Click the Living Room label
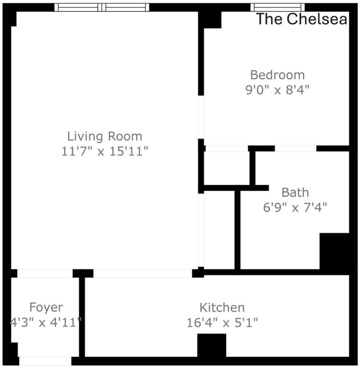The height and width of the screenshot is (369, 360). (105, 137)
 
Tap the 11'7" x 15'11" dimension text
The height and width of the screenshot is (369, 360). (105, 151)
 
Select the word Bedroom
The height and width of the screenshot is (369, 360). (278, 75)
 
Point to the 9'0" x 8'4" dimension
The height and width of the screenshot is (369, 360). (278, 90)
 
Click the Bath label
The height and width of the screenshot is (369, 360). (295, 193)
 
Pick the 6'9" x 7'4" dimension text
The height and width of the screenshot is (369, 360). (295, 207)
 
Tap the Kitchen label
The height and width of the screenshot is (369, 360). (222, 307)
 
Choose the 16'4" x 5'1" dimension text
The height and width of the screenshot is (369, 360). (222, 322)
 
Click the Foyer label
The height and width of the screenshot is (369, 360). (46, 307)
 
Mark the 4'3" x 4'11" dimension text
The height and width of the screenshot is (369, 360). (46, 322)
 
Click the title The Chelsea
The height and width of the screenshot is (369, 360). (301, 19)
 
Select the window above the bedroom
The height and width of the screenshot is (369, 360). (278, 7)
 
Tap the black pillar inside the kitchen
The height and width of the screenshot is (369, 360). (212, 345)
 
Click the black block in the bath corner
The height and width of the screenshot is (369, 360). (334, 251)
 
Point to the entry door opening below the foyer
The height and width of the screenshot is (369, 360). (45, 361)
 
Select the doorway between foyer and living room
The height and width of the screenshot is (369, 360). (45, 273)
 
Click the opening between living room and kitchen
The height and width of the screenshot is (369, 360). (143, 273)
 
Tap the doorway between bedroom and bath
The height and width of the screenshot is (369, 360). (296, 148)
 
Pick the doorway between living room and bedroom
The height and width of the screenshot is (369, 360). (201, 117)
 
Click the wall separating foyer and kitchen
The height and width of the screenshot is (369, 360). (82, 317)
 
